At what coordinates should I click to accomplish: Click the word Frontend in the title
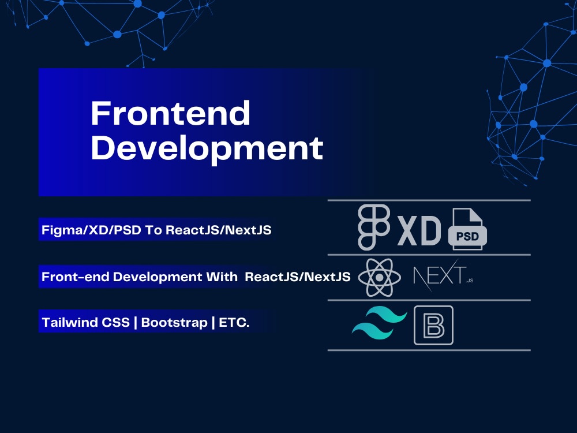click(x=170, y=114)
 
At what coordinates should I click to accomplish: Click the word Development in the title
click(x=207, y=148)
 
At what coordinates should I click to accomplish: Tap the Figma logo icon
click(x=374, y=227)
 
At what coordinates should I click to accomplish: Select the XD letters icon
click(x=419, y=230)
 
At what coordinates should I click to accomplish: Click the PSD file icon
click(x=467, y=229)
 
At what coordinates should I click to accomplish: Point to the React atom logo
click(x=379, y=277)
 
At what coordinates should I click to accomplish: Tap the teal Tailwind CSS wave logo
click(x=379, y=324)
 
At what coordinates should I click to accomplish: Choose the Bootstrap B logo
click(x=433, y=326)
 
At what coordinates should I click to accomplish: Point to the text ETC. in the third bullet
click(x=234, y=323)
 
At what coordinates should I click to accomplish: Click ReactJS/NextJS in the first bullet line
click(x=219, y=230)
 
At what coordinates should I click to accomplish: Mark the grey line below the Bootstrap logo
click(x=429, y=350)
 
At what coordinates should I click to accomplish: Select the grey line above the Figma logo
click(x=429, y=200)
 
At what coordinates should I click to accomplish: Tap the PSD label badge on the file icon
click(x=467, y=237)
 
